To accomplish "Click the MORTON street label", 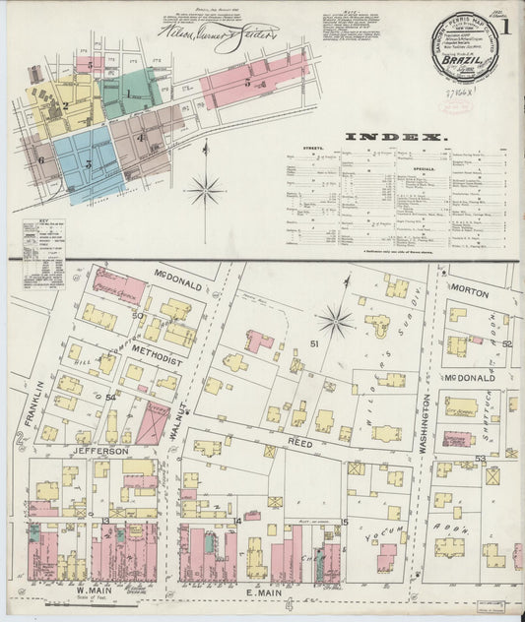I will [x=471, y=290].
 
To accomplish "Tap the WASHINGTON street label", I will [x=427, y=424].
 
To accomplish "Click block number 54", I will [x=111, y=397].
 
